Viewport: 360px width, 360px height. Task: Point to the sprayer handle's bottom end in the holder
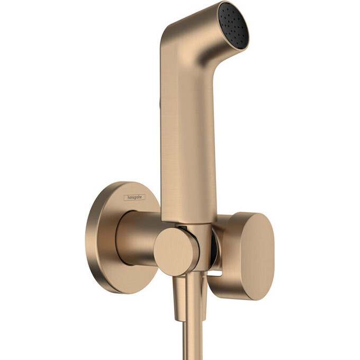191,220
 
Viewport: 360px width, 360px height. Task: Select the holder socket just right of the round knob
201,249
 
